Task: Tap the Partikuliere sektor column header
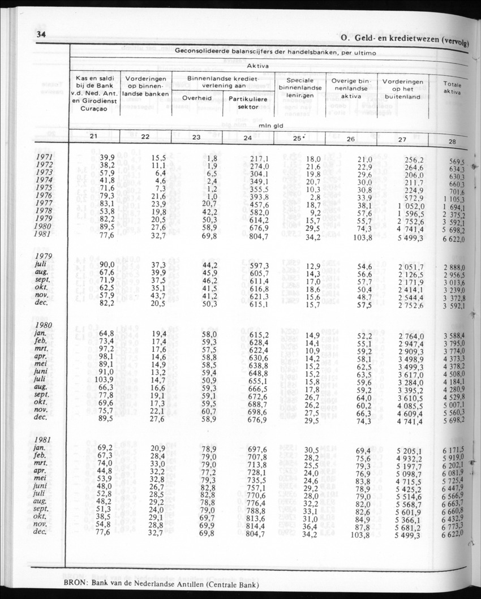coord(248,102)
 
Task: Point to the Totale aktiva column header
coord(452,87)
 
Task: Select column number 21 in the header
coord(95,136)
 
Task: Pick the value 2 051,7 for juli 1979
coord(410,267)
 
